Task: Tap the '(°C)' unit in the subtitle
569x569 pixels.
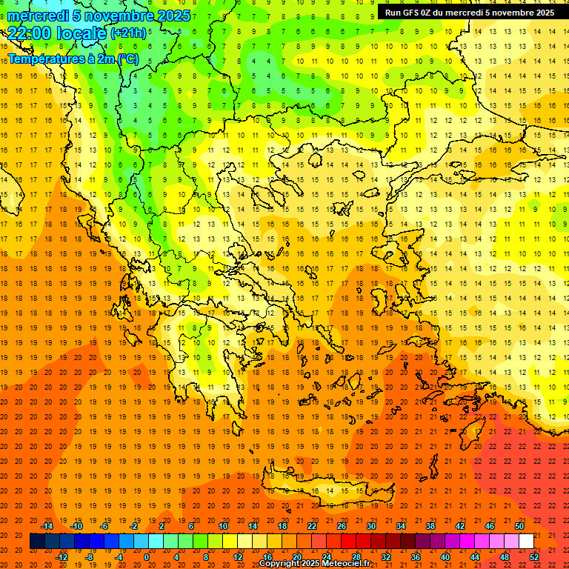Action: click(x=126, y=59)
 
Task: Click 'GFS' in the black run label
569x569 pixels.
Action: click(x=413, y=13)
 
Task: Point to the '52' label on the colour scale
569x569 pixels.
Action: click(x=535, y=557)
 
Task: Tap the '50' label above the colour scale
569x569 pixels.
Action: click(x=519, y=526)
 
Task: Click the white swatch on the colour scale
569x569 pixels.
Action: click(x=526, y=542)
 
